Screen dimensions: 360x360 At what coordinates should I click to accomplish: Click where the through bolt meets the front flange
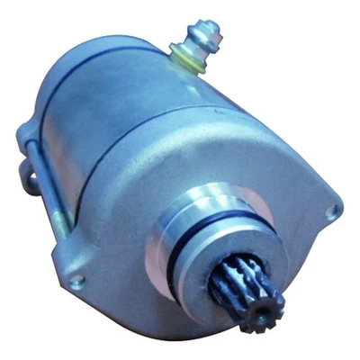[61, 236]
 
